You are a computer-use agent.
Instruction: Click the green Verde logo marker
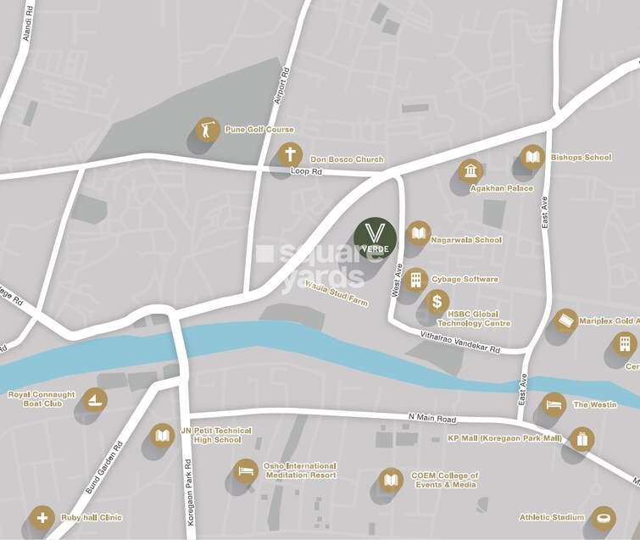[375, 238]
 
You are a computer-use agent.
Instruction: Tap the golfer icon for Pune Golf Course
[206, 130]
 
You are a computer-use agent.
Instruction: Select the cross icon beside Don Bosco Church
[290, 155]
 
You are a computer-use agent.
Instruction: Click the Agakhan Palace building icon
[470, 171]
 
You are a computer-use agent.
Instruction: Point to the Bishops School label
[581, 158]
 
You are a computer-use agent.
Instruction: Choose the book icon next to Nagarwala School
[418, 233]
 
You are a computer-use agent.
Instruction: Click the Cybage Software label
[465, 280]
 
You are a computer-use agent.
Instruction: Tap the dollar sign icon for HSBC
[437, 301]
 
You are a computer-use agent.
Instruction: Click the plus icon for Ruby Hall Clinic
[42, 516]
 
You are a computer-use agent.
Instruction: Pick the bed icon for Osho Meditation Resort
[246, 470]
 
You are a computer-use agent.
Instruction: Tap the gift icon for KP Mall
[582, 439]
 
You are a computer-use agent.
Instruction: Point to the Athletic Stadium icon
[603, 516]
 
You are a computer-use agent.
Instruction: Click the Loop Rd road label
[306, 172]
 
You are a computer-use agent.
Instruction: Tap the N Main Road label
[431, 420]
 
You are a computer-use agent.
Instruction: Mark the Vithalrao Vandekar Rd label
[460, 343]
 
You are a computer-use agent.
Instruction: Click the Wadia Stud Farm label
[337, 293]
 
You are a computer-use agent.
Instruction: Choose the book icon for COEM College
[391, 480]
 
